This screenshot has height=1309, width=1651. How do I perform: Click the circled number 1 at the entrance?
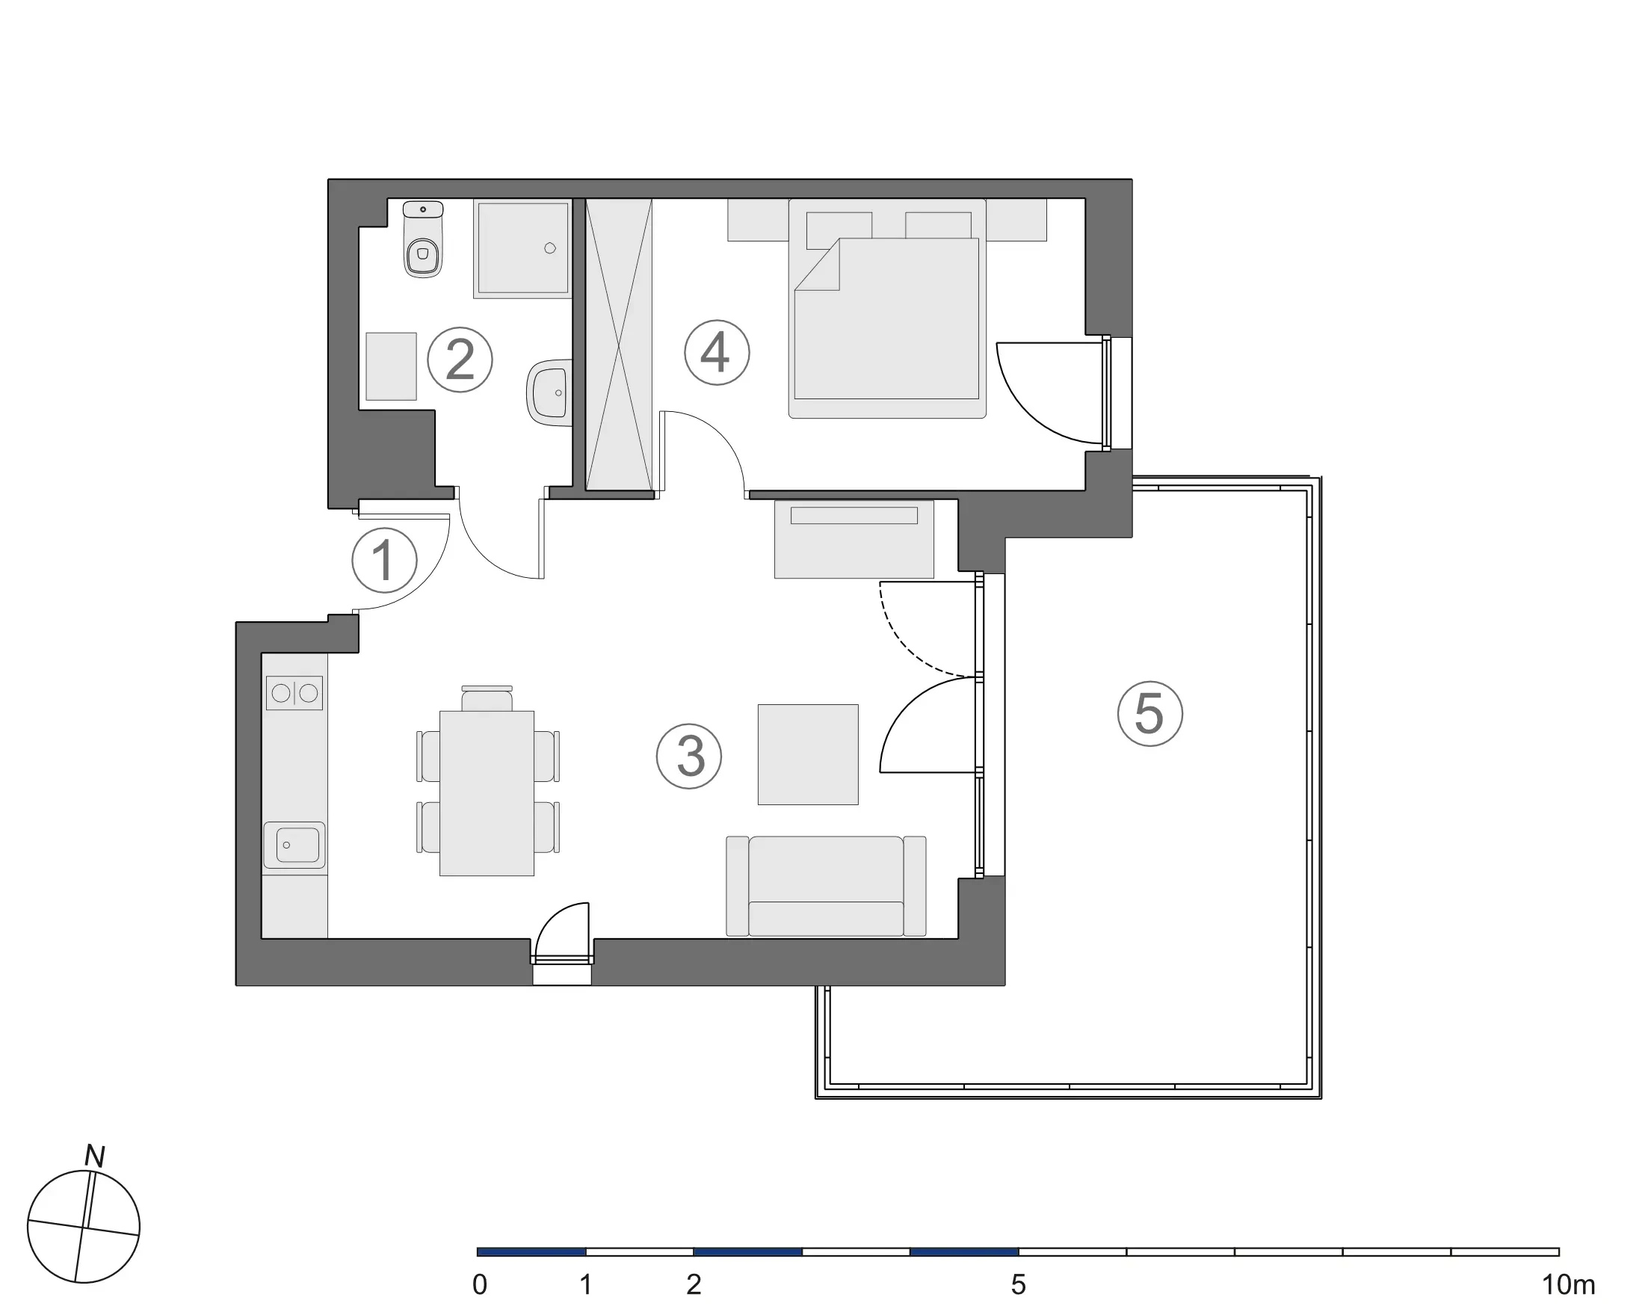(x=383, y=560)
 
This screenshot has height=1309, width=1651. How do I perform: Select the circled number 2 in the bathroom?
(x=460, y=360)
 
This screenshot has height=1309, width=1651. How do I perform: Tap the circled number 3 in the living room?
(x=689, y=756)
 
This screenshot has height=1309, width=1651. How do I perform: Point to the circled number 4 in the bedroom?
(x=716, y=352)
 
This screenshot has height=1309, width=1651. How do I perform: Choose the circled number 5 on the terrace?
(x=1149, y=713)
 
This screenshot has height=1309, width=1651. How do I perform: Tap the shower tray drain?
(x=550, y=248)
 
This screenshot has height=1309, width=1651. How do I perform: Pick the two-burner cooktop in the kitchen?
(x=294, y=693)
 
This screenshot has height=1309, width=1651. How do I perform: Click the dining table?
(x=487, y=792)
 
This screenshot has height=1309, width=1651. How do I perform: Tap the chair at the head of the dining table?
(x=487, y=699)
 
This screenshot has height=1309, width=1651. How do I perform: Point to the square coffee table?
(x=808, y=754)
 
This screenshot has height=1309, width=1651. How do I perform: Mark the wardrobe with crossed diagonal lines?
(x=619, y=345)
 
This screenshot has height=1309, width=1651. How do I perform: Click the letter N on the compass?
(x=95, y=1156)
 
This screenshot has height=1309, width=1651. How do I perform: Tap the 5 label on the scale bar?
(x=1018, y=1284)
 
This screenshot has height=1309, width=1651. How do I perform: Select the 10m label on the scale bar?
(x=1567, y=1284)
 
